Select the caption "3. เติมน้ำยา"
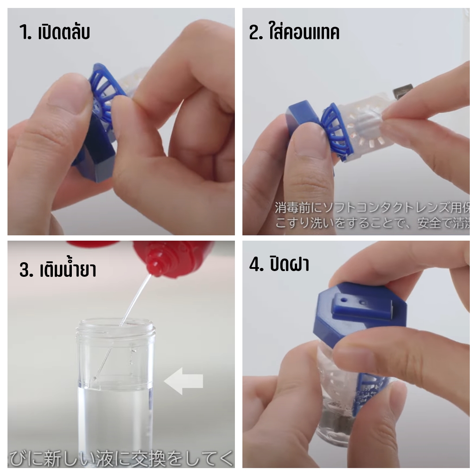[x=58, y=269]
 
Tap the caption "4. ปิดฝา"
[x=279, y=264]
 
